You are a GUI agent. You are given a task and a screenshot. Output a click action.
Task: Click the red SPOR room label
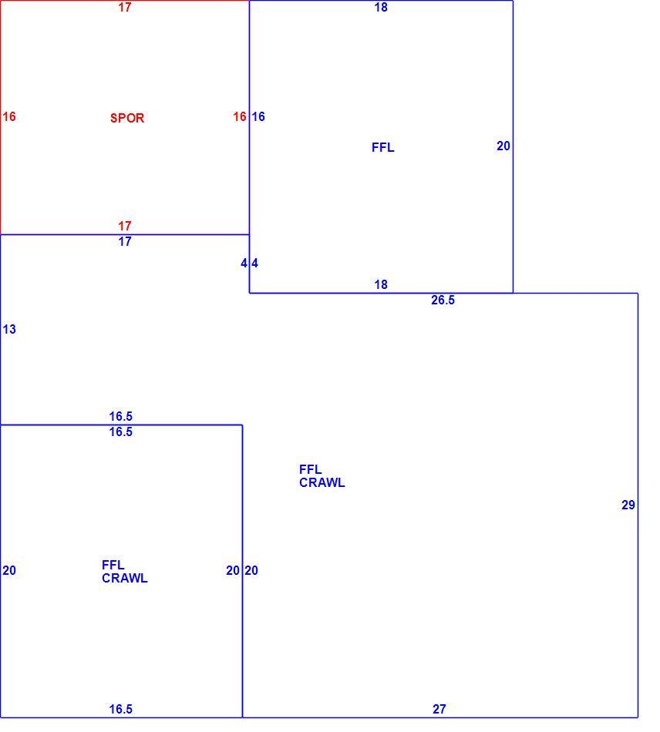pos(127,118)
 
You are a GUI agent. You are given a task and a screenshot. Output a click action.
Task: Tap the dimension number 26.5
pos(443,300)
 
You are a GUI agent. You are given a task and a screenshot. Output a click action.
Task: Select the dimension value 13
pos(9,329)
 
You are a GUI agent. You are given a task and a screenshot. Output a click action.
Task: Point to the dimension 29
pos(628,505)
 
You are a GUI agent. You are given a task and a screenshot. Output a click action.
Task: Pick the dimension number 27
pos(439,709)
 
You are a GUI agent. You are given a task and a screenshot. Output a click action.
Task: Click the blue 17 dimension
pos(125,241)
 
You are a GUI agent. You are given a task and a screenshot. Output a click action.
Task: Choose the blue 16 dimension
pos(258,116)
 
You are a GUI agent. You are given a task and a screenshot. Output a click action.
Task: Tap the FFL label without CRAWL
pos(383,147)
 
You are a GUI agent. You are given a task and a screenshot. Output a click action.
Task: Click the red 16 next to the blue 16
pos(240,116)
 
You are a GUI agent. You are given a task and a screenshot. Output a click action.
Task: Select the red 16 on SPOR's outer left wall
pos(9,116)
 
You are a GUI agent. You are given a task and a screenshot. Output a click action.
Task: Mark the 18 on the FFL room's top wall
pos(381,7)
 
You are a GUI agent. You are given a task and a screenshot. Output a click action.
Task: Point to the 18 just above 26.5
pos(381,284)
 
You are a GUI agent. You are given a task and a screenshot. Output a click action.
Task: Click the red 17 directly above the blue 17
pos(125,226)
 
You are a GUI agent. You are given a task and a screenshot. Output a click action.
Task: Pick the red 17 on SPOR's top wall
pos(125,7)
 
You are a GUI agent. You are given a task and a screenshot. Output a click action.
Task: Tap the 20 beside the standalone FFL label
pos(503,146)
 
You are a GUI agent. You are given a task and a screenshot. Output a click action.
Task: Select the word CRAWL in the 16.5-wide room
pos(125,578)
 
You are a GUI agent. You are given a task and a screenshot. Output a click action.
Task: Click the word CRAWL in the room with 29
pos(322,482)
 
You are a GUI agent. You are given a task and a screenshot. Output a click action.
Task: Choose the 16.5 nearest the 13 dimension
pos(121,416)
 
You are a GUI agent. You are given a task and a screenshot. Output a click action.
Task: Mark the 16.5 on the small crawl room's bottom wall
pos(121,709)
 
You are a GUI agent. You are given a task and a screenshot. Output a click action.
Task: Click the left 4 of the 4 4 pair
pos(244,263)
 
